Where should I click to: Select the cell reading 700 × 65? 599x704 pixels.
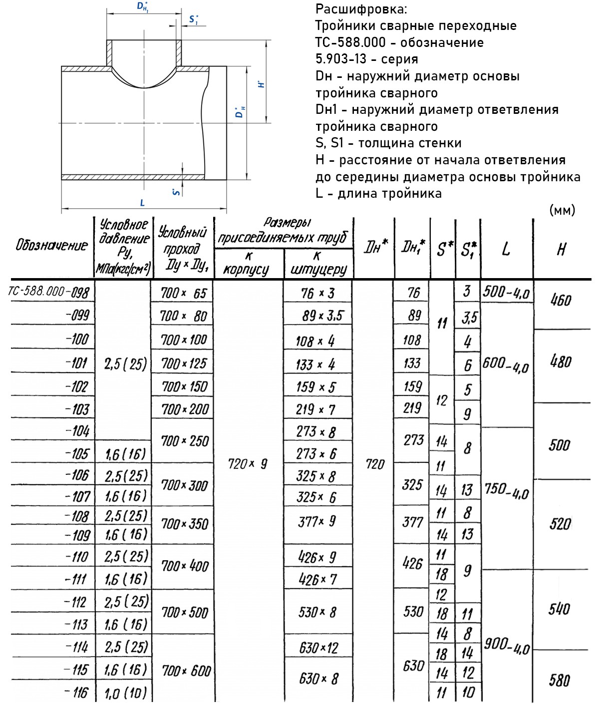coord(183,293)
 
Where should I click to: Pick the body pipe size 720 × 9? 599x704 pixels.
coord(248,464)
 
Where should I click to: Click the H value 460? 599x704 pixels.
coord(561,300)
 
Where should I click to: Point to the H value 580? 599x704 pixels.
coord(559,680)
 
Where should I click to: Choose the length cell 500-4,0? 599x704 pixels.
coord(506,293)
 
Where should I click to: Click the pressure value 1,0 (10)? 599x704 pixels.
coord(126,693)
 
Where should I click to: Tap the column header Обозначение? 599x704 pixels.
coord(51,245)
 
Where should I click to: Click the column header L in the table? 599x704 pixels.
coord(506,248)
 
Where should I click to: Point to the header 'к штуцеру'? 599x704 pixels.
coord(318,263)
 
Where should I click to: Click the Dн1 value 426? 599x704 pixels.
coord(412,564)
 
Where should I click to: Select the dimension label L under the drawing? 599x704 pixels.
coord(142,203)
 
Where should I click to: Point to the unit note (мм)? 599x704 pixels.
coord(562,210)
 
